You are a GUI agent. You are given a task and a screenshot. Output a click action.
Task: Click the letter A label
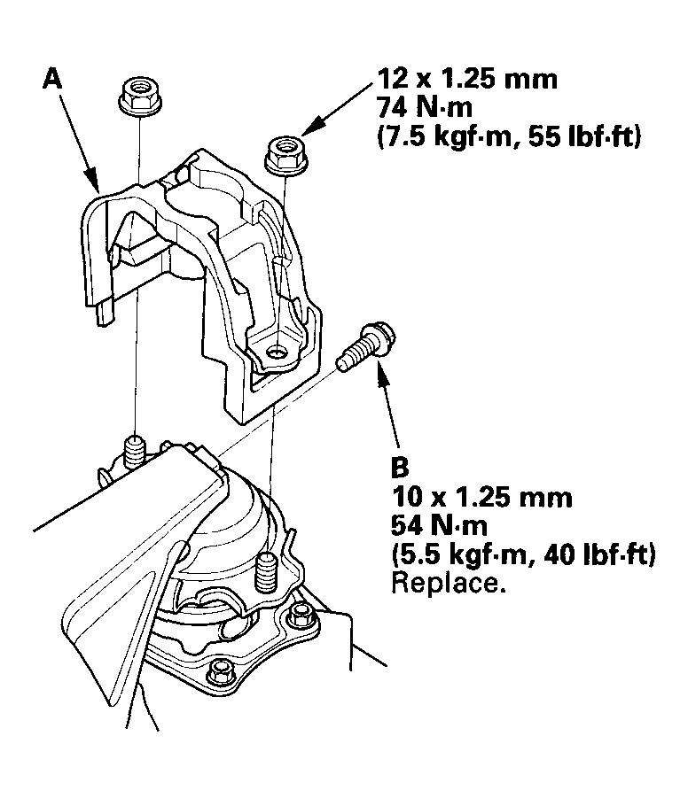coord(52,80)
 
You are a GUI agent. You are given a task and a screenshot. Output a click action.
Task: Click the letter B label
coord(400,467)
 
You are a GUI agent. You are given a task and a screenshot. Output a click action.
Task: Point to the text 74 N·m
coord(425,108)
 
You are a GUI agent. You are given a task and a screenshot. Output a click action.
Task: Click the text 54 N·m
coord(439,525)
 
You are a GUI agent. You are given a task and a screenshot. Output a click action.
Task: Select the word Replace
coord(449,584)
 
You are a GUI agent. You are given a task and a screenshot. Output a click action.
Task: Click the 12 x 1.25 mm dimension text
coord(467,80)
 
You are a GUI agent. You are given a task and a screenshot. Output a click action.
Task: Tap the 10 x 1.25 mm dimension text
coord(481,497)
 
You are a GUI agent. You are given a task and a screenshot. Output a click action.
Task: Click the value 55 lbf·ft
coord(584,137)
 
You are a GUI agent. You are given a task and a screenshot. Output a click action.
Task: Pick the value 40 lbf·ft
coord(599,554)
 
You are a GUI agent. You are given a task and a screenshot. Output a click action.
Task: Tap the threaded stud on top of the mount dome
coord(265,572)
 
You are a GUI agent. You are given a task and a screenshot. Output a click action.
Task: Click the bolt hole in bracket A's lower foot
coord(277,351)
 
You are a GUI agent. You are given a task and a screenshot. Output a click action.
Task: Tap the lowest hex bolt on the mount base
coord(220,671)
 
